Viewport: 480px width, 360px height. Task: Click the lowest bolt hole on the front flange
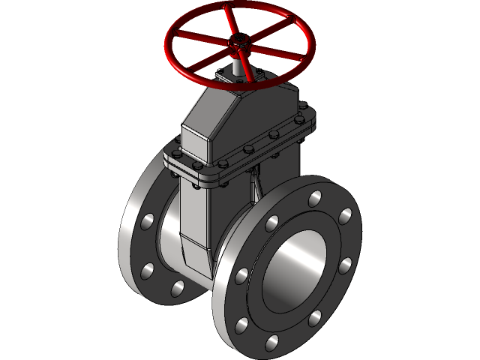point(271,344)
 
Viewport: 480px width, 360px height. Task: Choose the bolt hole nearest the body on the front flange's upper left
point(271,223)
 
